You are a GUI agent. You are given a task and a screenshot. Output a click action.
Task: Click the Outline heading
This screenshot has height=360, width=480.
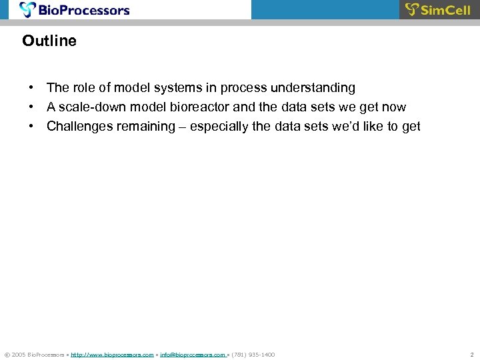tap(49, 41)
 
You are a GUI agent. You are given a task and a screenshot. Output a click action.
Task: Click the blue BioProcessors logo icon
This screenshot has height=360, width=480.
tap(28, 9)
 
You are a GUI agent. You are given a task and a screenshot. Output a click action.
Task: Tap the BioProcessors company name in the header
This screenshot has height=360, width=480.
tap(83, 10)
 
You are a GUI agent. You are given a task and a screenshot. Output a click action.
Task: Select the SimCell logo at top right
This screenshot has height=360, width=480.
tap(438, 9)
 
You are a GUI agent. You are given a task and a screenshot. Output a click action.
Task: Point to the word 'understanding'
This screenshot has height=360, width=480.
tap(313, 88)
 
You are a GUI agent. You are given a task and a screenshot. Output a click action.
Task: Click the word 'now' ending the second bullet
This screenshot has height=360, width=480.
tap(393, 107)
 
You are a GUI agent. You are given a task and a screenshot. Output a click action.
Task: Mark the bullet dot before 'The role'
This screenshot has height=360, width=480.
tap(31, 88)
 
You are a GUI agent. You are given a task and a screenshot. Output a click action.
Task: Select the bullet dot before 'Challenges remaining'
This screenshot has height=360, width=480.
tap(31, 127)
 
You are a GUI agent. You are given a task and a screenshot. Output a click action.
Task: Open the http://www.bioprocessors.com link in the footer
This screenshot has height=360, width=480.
tap(112, 355)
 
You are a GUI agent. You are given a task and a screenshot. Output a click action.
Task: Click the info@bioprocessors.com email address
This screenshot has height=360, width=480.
tap(193, 355)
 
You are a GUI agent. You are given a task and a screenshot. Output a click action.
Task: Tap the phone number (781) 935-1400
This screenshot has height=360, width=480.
tap(253, 355)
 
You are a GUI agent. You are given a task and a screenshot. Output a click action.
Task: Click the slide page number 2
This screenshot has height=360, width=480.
tap(471, 355)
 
